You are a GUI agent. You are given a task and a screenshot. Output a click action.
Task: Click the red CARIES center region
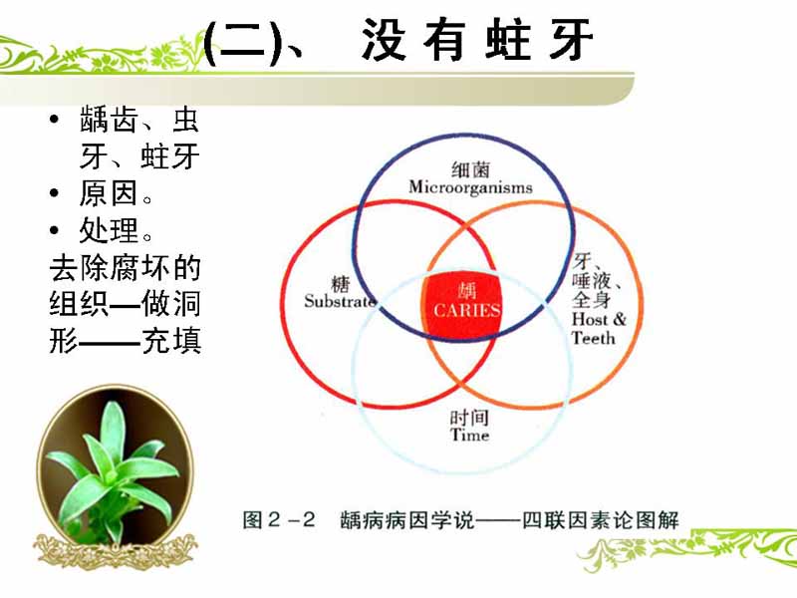click(461, 304)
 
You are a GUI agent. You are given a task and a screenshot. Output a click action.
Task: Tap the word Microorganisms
click(470, 187)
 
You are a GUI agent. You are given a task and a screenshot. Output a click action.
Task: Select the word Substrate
click(340, 301)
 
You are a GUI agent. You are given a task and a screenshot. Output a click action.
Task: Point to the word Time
click(469, 435)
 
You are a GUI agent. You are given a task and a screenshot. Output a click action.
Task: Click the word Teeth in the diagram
click(593, 338)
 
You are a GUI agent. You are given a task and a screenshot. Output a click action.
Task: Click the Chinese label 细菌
click(470, 169)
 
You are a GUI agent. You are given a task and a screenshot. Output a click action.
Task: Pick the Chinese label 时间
click(469, 418)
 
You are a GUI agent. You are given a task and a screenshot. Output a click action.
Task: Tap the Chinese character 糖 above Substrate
click(340, 284)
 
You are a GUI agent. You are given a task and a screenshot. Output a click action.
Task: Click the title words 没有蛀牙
click(478, 40)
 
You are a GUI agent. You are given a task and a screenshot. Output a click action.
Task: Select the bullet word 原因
click(109, 193)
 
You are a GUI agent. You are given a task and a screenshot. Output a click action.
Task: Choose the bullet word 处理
click(109, 230)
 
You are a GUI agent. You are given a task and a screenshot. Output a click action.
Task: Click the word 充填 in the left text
click(171, 340)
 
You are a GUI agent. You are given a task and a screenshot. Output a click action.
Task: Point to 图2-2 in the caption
click(279, 519)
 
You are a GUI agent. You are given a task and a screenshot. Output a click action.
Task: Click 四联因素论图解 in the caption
click(601, 519)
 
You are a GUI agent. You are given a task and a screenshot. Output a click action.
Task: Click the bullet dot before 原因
click(55, 193)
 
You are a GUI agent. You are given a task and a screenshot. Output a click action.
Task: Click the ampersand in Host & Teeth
click(619, 319)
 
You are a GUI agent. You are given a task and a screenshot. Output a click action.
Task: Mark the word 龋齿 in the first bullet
click(109, 120)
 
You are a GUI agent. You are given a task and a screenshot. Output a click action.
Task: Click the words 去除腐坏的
click(126, 267)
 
